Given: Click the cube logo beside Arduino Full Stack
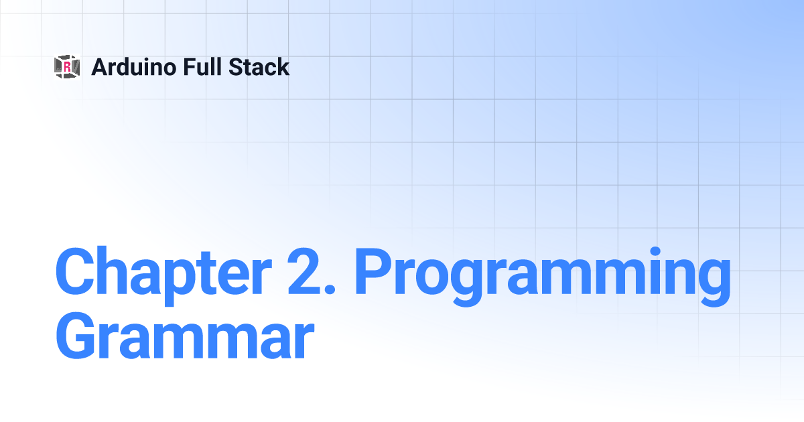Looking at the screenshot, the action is pyautogui.click(x=67, y=66).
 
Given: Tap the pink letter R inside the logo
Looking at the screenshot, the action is pyautogui.click(x=67, y=66).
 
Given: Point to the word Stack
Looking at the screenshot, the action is pyautogui.click(x=259, y=67).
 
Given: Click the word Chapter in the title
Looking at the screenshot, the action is pyautogui.click(x=163, y=276).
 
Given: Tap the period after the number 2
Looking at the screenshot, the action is pyautogui.click(x=330, y=289).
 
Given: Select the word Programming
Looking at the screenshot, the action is pyautogui.click(x=542, y=277).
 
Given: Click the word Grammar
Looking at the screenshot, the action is pyautogui.click(x=185, y=336).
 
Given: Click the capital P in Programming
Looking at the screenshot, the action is pyautogui.click(x=374, y=271).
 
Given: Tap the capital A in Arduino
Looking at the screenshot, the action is pyautogui.click(x=100, y=67).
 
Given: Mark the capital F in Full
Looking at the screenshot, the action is pyautogui.click(x=190, y=67).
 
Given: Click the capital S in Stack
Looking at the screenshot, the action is pyautogui.click(x=236, y=67).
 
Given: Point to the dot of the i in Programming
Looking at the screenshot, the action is pyautogui.click(x=655, y=252).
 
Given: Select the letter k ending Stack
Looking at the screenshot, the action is pyautogui.click(x=282, y=66).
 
